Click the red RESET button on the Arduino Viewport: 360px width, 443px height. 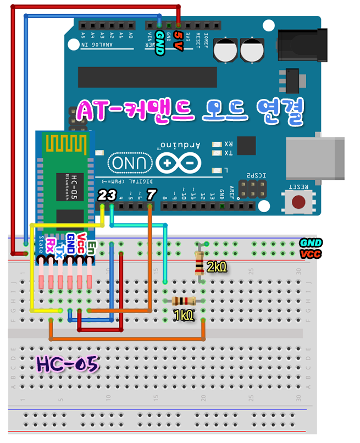pos(299,201)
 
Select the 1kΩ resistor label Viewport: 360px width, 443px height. pos(183,315)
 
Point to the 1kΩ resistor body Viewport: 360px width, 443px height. pos(184,301)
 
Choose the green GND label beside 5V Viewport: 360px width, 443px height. pos(160,43)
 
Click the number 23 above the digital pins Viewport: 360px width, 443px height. pos(107,195)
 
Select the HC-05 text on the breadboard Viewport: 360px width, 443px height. pos(67,364)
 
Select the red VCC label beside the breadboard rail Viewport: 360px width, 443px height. pos(311,254)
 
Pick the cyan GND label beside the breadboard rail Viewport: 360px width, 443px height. pos(311,243)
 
